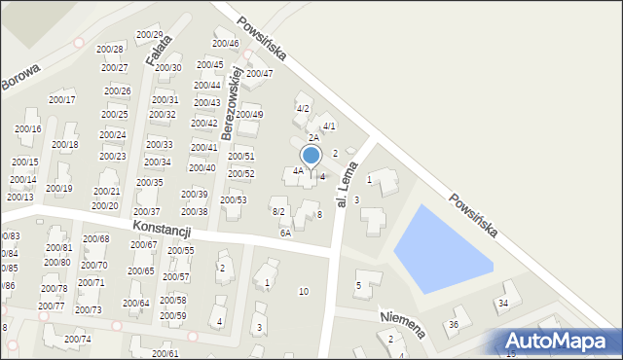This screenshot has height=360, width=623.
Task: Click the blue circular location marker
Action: click(311, 155)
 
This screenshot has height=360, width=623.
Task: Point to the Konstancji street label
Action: click(163, 230)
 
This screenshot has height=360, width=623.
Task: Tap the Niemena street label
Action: click(402, 323)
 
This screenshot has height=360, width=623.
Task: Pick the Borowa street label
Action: click(19, 77)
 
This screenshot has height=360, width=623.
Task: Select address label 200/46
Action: click(225, 44)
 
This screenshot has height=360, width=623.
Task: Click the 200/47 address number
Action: click(259, 73)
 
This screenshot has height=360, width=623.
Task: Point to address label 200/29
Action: click(149, 35)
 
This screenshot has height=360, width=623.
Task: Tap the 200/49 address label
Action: click(249, 115)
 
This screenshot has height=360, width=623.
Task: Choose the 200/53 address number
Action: click(233, 200)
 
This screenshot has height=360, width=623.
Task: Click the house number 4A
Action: click(299, 171)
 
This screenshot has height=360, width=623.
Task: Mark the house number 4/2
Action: click(303, 108)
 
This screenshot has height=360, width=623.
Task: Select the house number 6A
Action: click(285, 234)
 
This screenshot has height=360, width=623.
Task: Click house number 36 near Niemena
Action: click(453, 324)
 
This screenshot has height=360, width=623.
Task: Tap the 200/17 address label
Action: click(62, 99)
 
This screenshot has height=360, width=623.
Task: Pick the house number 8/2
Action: click(277, 211)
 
